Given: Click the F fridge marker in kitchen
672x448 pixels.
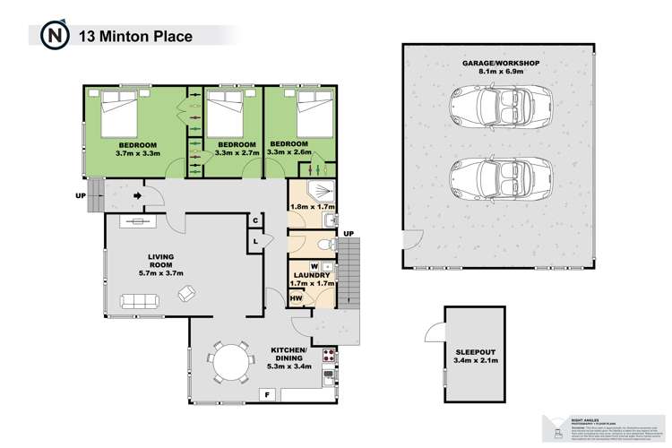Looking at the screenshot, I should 265,394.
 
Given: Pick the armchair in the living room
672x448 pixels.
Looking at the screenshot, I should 186,292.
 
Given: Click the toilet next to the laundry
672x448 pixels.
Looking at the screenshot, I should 325,244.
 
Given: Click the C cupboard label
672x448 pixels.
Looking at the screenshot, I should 255,221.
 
